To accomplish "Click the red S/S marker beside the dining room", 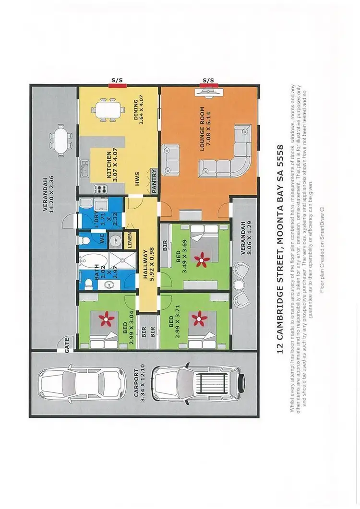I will coord(117,85).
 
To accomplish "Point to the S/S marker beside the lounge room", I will coord(208,85).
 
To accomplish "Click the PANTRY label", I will coord(155,181).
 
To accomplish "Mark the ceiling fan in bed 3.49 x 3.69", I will coord(201,260).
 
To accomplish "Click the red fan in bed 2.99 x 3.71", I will coord(197,317).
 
